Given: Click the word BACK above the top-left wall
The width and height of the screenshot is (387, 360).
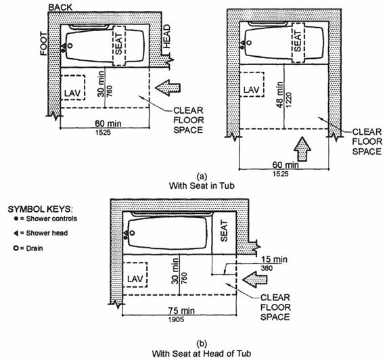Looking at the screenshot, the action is (x=60, y=7).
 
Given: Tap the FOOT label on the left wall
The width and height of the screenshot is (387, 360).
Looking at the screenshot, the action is (x=44, y=44).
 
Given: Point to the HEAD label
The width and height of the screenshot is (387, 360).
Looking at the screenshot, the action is (x=167, y=36).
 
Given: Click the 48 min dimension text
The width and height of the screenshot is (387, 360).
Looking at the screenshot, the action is (x=279, y=95).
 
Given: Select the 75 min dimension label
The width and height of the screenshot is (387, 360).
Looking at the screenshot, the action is (x=181, y=311).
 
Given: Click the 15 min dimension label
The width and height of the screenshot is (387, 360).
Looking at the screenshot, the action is (x=274, y=259).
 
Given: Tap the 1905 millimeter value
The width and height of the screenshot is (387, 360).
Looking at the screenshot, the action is (x=176, y=319).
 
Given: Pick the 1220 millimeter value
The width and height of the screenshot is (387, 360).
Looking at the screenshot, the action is (x=289, y=99).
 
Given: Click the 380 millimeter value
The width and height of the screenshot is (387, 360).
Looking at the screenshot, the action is (x=267, y=268).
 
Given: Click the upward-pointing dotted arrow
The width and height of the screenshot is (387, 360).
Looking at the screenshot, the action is (x=302, y=149).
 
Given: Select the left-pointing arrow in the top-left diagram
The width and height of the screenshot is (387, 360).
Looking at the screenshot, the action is (x=168, y=87).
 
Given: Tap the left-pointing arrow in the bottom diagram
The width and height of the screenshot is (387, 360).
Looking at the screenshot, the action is (x=254, y=279).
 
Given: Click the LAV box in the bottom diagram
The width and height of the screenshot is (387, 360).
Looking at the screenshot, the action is (x=135, y=275).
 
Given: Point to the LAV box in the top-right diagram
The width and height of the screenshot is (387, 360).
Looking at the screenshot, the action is (x=252, y=85).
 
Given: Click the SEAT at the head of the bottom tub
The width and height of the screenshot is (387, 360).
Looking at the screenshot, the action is (x=224, y=231).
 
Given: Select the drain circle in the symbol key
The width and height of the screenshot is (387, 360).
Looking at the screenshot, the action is (x=16, y=248).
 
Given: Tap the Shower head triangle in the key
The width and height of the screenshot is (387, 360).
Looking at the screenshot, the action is (x=16, y=233).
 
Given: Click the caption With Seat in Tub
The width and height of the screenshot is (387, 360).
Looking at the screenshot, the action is (x=202, y=185).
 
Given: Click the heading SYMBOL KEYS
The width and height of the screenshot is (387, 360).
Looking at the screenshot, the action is (x=40, y=209).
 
